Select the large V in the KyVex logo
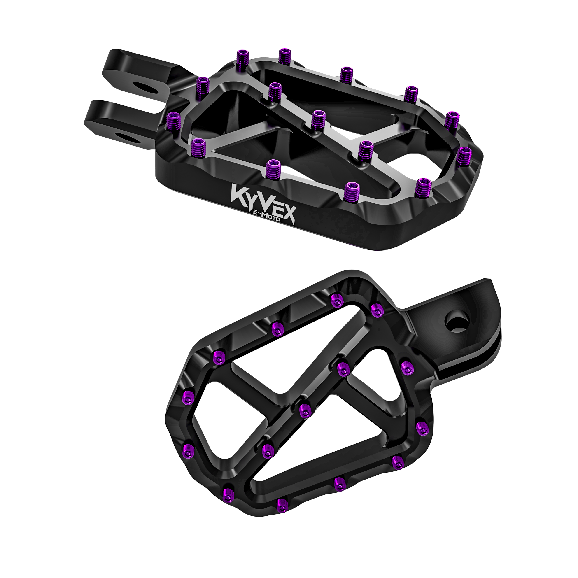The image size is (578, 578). click(263, 204)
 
